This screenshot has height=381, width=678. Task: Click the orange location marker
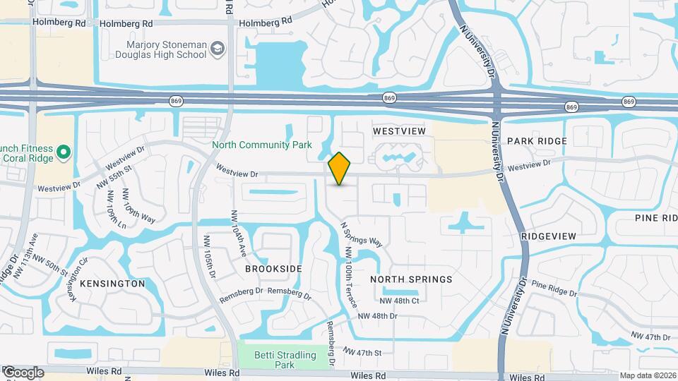pos(340,169)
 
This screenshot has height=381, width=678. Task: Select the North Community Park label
pos(262,145)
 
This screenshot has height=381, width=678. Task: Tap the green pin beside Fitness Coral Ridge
pos(63,151)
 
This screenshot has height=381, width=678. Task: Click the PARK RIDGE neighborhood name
pos(537,141)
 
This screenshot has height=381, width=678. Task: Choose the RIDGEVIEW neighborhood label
pos(549,236)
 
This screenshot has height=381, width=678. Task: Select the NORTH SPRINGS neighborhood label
pos(411,279)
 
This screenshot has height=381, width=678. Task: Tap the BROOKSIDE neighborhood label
pos(273,269)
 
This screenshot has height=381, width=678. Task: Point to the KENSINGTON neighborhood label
pos(112,284)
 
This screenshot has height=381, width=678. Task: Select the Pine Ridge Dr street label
pos(554,289)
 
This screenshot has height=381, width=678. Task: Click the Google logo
pos(23,373)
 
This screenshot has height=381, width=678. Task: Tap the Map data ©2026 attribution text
pos(647,375)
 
